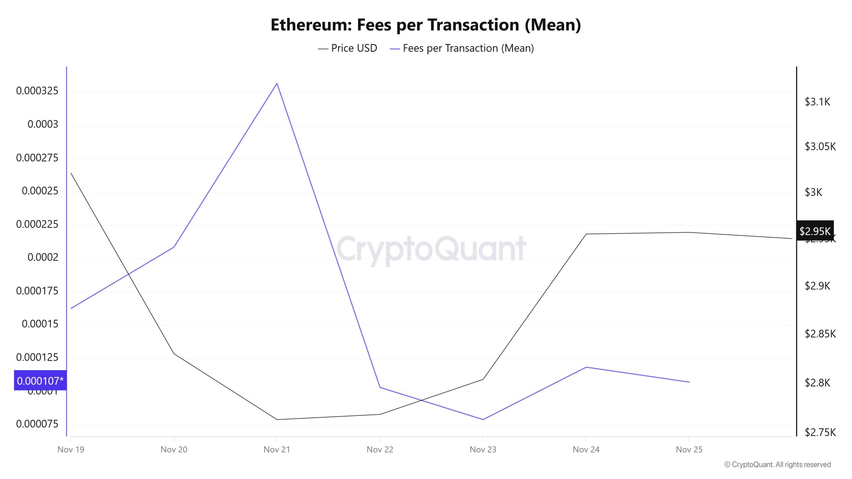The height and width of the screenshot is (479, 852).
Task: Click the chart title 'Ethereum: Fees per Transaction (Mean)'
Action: pyautogui.click(x=426, y=25)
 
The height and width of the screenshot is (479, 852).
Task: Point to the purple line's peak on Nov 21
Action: pyautogui.click(x=277, y=83)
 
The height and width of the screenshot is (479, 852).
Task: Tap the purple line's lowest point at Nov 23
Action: pyautogui.click(x=483, y=419)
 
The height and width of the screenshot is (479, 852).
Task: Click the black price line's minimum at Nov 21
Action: pyautogui.click(x=277, y=419)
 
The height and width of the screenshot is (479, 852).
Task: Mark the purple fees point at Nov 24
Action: pyautogui.click(x=586, y=367)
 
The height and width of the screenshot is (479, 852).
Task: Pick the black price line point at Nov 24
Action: pyautogui.click(x=586, y=234)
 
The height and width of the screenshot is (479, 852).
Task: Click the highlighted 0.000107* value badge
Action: pyautogui.click(x=40, y=381)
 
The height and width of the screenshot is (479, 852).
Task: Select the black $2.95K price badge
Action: pyautogui.click(x=815, y=231)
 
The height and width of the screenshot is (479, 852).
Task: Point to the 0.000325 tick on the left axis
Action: pyautogui.click(x=37, y=91)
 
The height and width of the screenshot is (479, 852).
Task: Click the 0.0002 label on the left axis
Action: pyautogui.click(x=43, y=257)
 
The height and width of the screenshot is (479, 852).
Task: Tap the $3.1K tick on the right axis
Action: pyautogui.click(x=817, y=102)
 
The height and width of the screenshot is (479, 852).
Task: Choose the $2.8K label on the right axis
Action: pyautogui.click(x=817, y=383)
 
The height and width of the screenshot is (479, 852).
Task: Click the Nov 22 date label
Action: pyautogui.click(x=380, y=450)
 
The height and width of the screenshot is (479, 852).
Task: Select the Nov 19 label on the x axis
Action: pyautogui.click(x=71, y=450)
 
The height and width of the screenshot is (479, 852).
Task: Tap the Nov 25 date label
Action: pyautogui.click(x=689, y=450)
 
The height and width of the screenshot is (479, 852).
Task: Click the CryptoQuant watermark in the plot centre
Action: pyautogui.click(x=431, y=249)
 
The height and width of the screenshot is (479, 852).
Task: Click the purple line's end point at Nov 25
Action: pyautogui.click(x=689, y=382)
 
